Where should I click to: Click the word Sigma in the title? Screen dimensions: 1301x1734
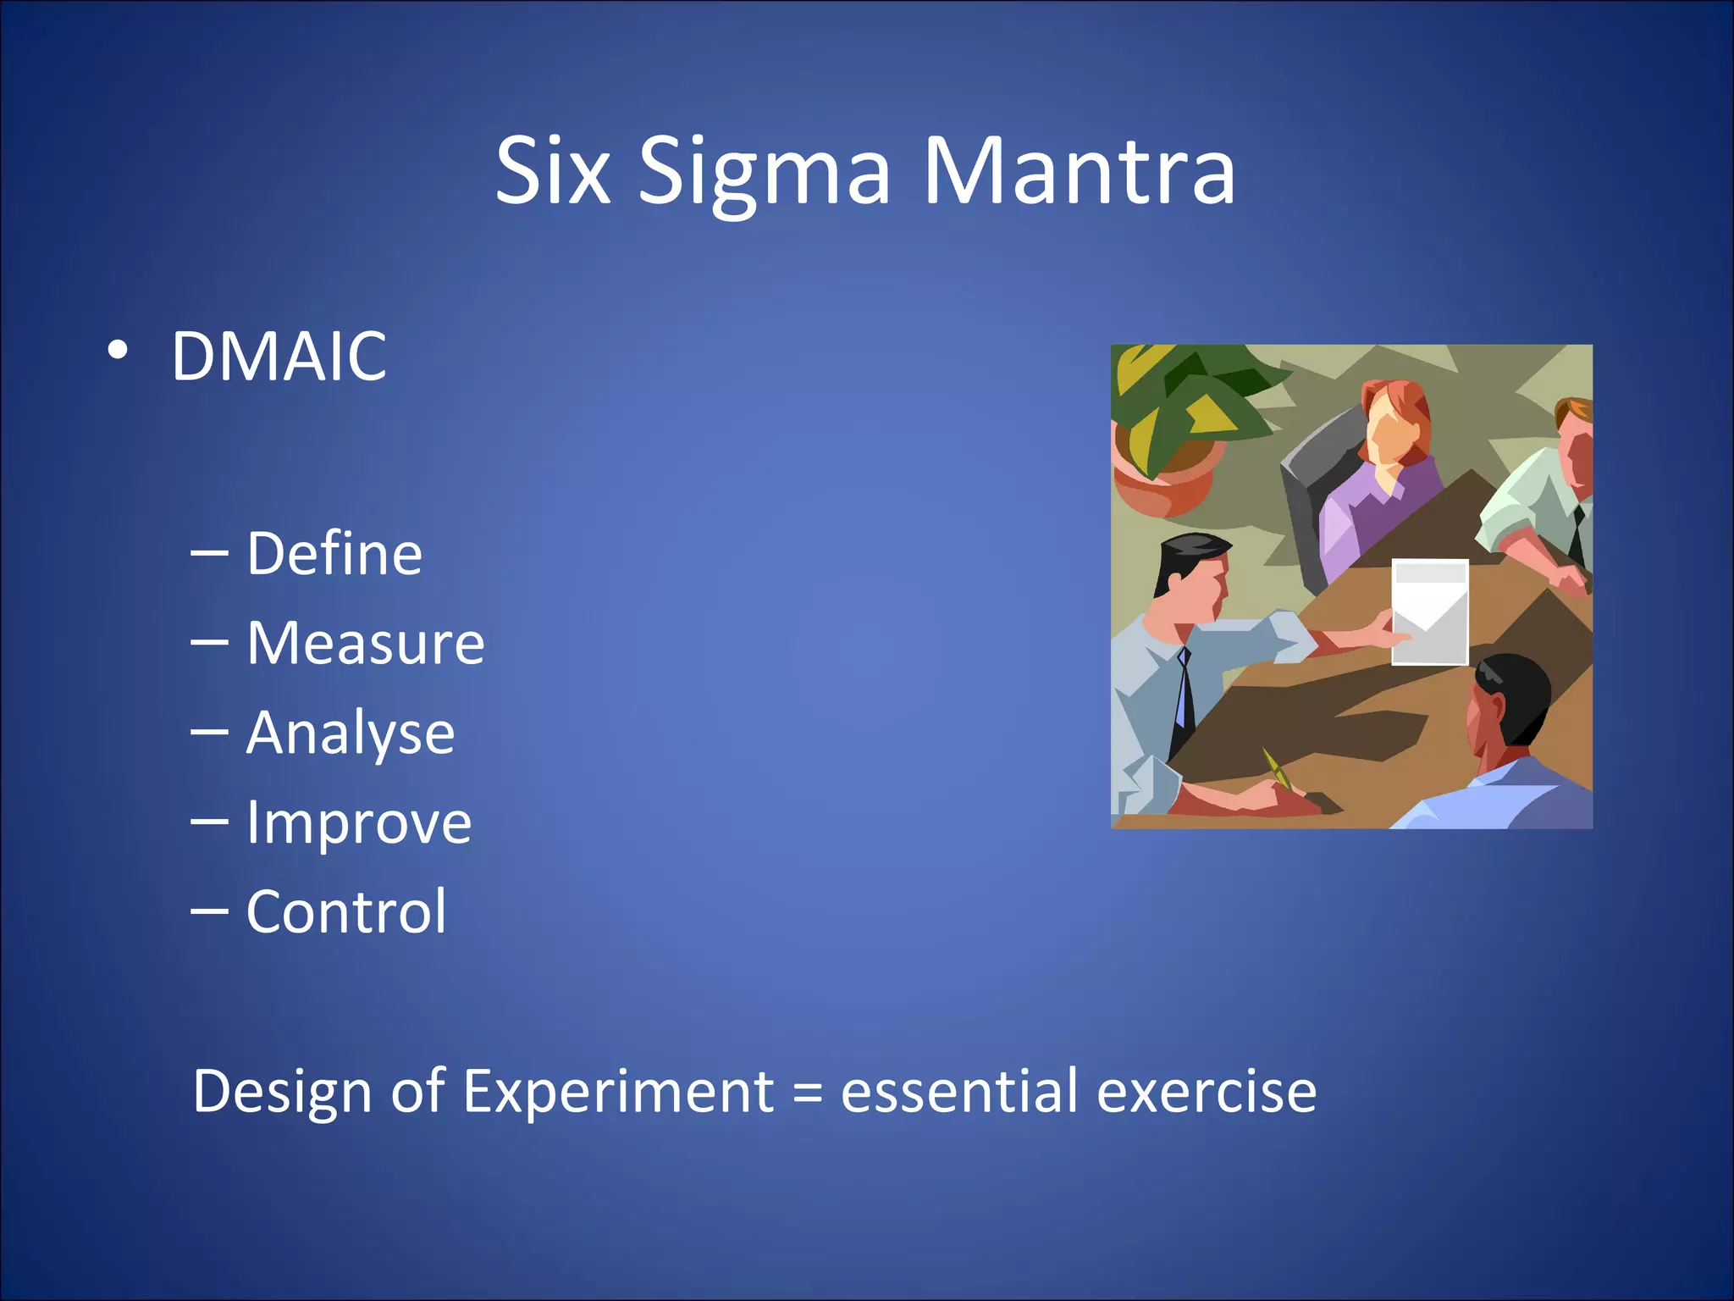pos(764,173)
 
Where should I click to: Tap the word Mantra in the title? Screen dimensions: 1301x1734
pos(1079,173)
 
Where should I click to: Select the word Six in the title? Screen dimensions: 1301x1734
pos(552,173)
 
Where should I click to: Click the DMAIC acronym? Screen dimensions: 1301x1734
pos(279,357)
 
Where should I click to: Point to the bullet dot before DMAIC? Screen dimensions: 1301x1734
pos(119,350)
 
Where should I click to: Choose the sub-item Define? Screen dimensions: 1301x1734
pos(334,554)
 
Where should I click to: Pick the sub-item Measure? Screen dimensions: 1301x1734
pos(365,644)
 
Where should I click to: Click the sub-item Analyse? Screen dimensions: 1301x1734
pos(351,734)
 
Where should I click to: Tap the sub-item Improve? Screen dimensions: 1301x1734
pos(358,823)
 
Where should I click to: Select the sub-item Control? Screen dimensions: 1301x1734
pos(346,912)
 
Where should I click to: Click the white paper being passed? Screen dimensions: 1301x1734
pos(1430,612)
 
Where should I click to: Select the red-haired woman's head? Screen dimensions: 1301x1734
pos(1393,419)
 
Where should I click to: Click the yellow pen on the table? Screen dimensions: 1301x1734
pos(1275,767)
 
